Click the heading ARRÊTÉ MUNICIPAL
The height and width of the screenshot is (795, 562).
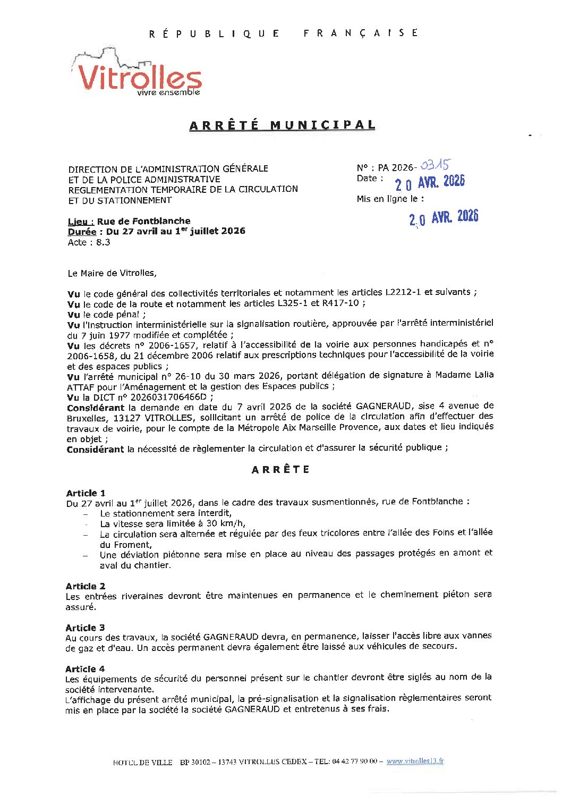tap(282, 125)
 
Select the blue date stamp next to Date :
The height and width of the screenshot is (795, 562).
tap(430, 182)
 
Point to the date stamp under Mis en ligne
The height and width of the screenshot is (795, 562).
tap(444, 217)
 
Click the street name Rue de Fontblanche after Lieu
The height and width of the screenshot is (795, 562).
tap(143, 221)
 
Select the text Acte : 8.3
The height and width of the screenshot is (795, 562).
tap(89, 242)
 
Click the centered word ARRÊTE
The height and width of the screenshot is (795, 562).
tap(280, 470)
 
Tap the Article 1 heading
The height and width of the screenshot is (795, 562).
tap(86, 493)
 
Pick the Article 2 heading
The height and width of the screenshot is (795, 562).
tap(85, 586)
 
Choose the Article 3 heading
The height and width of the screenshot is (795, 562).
tap(85, 628)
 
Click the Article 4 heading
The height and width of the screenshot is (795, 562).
tap(85, 669)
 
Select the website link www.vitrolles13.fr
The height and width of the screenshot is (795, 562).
tap(415, 761)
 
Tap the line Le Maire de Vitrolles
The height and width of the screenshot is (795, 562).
tap(112, 273)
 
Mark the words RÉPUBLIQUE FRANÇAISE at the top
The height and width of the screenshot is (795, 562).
tap(283, 33)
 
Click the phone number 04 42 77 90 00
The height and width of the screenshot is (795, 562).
tap(354, 762)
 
